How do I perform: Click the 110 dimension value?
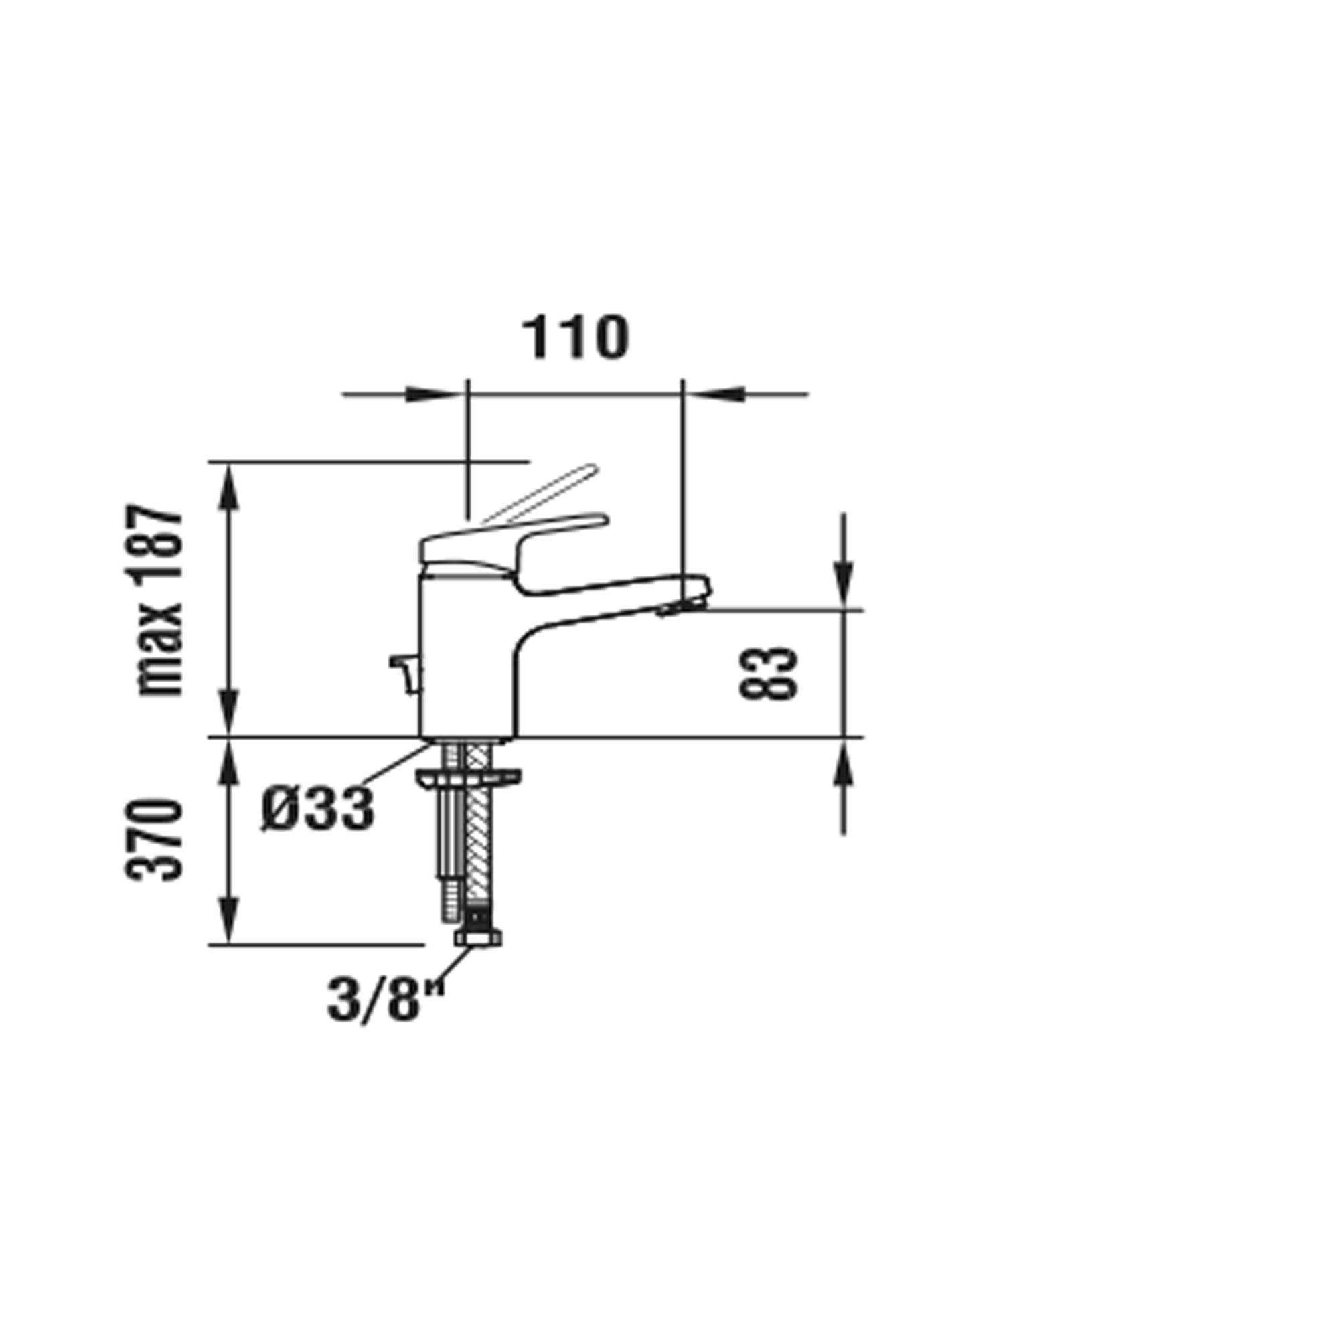[x=574, y=337]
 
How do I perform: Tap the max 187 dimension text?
[x=160, y=600]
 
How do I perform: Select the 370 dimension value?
[x=154, y=840]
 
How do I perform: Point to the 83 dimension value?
[x=769, y=673]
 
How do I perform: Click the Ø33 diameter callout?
[x=318, y=808]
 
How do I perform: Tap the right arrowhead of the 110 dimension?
[x=716, y=394]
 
